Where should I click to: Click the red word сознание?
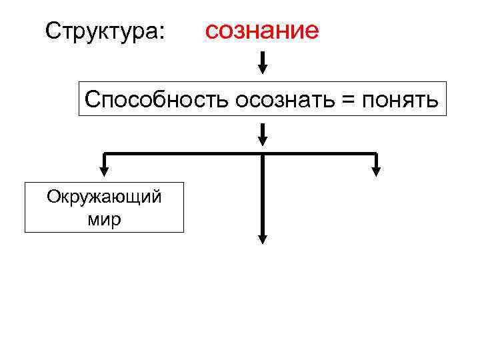tap(261, 30)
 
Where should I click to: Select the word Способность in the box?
tap(157, 100)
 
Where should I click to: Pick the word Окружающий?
tap(104, 197)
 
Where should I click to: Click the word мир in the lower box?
tap(104, 219)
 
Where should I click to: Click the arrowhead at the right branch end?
tap(376, 171)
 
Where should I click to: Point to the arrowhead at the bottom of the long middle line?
tap(263, 239)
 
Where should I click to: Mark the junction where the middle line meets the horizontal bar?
tap(263, 154)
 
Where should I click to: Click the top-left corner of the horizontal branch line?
tap(105, 154)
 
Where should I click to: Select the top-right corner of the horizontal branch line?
tap(376, 154)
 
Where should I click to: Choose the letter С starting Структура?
tap(51, 31)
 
